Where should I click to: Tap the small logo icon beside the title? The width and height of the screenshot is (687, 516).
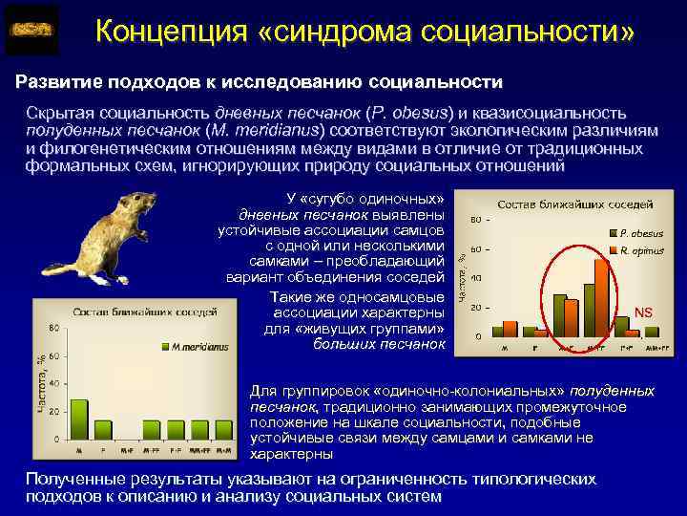[31, 31]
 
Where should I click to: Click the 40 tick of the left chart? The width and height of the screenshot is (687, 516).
[54, 383]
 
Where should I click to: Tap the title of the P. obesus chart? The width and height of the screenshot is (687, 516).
[574, 204]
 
